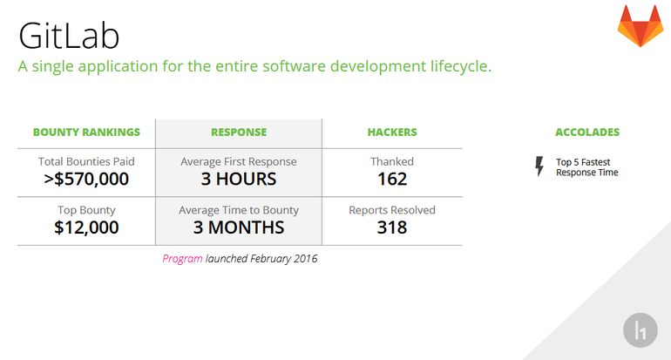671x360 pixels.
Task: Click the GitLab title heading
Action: pos(69,36)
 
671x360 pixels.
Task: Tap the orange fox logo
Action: pos(640,25)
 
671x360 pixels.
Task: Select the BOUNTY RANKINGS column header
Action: pos(86,132)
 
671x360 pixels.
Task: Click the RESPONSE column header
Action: pos(239,132)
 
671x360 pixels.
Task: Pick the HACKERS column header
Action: pos(392,132)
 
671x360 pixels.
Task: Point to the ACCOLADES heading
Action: pos(587,132)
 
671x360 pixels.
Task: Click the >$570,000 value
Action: pos(86,179)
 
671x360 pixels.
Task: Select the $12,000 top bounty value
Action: pos(86,228)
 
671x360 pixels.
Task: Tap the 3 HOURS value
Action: pos(239,179)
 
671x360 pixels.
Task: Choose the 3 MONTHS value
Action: pos(239,228)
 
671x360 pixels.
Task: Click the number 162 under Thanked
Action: pos(392,179)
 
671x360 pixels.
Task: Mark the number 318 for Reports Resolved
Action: pos(392,228)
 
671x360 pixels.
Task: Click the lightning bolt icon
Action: pos(539,166)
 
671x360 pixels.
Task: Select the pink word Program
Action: pos(182,259)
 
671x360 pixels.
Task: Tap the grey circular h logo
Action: pos(640,330)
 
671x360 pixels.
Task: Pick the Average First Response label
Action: pos(239,162)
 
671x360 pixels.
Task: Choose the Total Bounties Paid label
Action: pos(86,162)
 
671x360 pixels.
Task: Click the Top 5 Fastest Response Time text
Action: pos(587,167)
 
